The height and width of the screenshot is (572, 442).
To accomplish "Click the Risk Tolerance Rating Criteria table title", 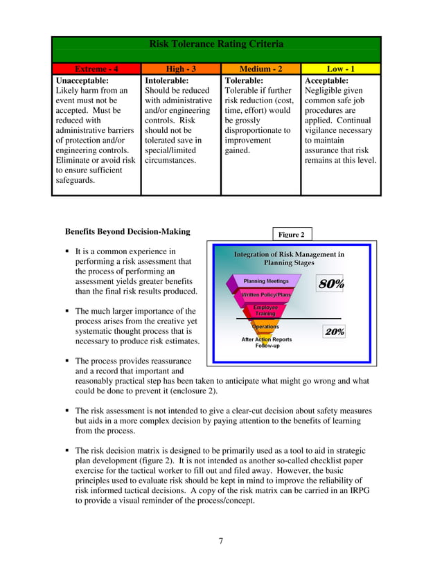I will (x=216, y=44).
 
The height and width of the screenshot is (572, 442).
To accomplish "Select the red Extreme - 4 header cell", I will (x=96, y=69).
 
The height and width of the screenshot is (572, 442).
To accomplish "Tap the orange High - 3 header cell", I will (x=181, y=69).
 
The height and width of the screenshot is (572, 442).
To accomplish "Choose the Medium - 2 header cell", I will (x=260, y=69).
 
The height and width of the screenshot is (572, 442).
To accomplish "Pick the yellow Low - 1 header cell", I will (x=340, y=69).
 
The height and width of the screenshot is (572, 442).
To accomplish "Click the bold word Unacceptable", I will (x=82, y=80).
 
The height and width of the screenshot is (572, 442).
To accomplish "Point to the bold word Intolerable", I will (x=167, y=80).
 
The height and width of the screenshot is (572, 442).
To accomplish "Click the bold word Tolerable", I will (x=246, y=80).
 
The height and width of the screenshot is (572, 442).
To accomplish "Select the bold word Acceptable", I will (x=327, y=80).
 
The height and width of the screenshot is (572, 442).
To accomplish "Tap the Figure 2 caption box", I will (x=291, y=235).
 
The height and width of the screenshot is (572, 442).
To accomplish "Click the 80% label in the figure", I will (x=330, y=284).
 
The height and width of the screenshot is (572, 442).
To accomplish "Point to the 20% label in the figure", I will (x=335, y=332).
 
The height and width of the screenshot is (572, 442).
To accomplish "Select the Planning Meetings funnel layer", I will (x=266, y=281).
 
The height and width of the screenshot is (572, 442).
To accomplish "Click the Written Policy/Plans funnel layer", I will (x=266, y=295).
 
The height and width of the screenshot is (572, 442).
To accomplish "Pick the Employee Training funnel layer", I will (x=265, y=310).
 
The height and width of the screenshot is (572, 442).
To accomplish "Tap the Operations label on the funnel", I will (x=265, y=326).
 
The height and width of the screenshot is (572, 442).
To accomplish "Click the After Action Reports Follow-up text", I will (x=267, y=342).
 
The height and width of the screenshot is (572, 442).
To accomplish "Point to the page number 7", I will (x=221, y=541).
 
